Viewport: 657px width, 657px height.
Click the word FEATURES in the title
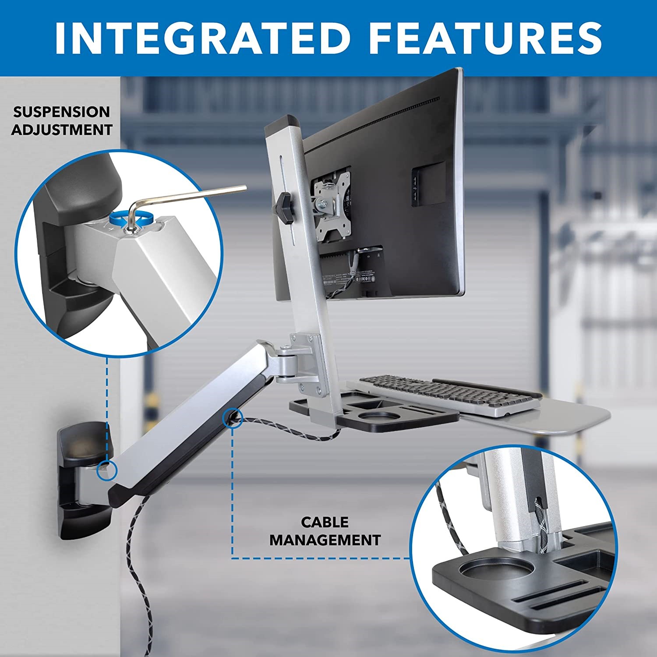(489, 38)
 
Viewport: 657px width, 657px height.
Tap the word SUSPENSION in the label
(61, 112)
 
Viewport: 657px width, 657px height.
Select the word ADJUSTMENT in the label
(62, 130)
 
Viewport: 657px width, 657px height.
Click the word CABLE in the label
(325, 522)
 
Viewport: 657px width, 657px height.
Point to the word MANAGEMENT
(325, 540)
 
